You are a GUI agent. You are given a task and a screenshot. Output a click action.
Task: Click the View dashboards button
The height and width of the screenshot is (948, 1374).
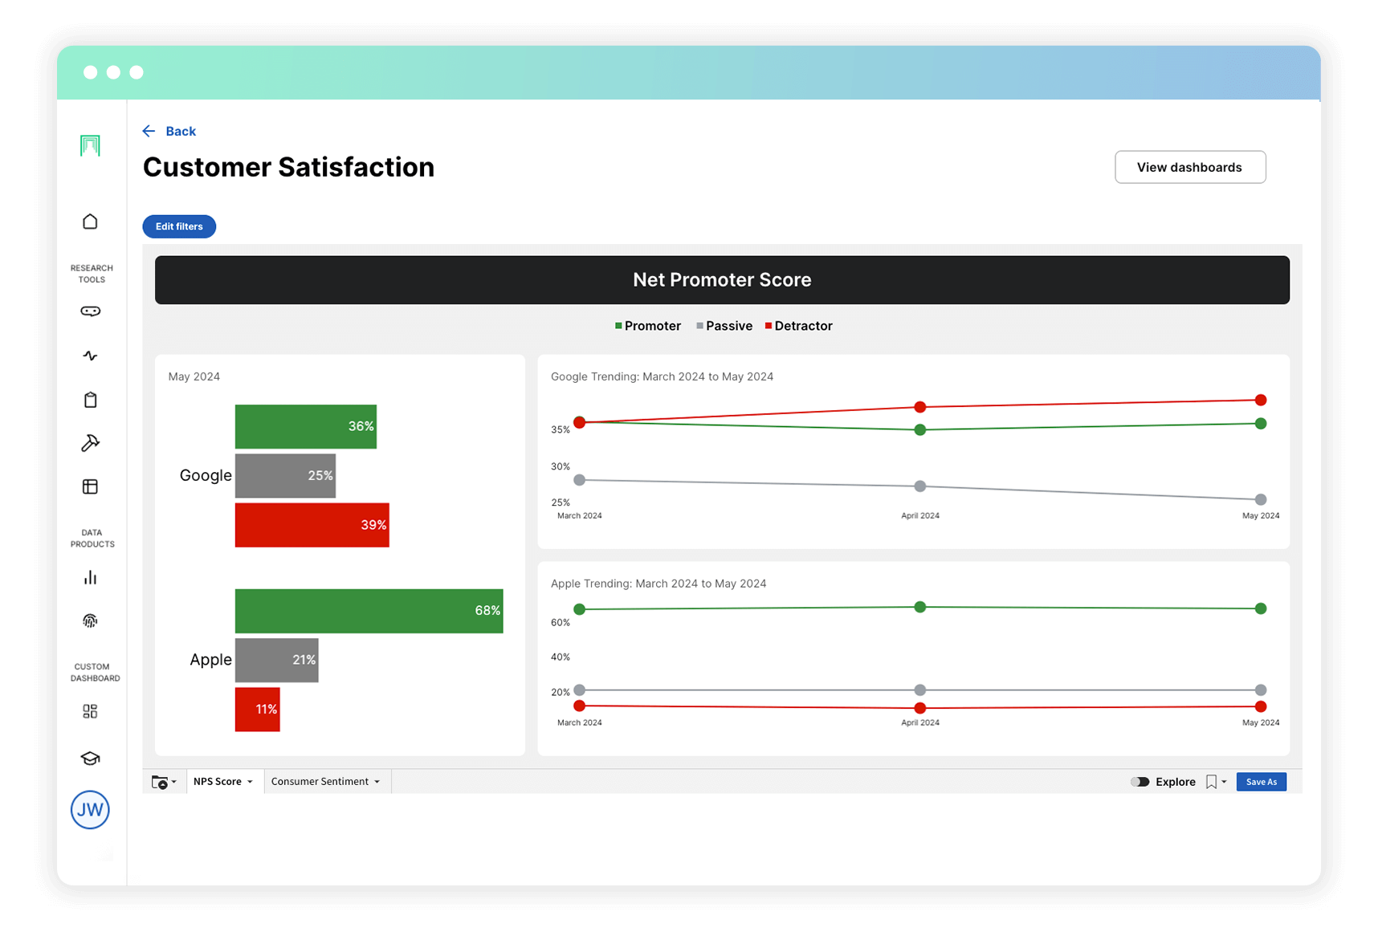click(1189, 167)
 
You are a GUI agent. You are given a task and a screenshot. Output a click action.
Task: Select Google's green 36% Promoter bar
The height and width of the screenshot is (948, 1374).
click(305, 426)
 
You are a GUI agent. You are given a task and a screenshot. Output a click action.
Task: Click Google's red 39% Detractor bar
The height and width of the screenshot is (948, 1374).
click(312, 525)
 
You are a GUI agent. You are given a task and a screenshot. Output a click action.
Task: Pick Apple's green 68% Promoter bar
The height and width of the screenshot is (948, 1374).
click(369, 611)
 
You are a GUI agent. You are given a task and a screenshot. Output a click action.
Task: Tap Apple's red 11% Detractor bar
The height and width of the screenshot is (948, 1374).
click(257, 709)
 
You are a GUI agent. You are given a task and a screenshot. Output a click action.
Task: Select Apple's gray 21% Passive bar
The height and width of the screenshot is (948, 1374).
click(276, 660)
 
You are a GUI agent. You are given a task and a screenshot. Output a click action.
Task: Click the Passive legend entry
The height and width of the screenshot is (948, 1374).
click(724, 326)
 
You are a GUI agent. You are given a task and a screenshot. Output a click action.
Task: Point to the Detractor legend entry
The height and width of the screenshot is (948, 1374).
click(799, 326)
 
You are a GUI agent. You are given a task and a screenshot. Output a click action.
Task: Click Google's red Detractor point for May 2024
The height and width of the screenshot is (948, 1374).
click(1261, 400)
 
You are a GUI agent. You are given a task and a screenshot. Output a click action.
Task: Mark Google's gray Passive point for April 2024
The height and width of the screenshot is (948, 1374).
click(920, 486)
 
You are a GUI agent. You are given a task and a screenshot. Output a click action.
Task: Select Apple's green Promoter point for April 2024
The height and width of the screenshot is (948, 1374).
click(920, 607)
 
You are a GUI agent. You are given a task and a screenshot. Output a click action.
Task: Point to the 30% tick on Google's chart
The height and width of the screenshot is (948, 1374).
click(561, 466)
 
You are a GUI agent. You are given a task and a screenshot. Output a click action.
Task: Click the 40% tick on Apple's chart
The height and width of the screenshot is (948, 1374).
click(561, 657)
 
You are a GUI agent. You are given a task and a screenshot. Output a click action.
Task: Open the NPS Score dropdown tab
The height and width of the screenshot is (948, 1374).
click(223, 781)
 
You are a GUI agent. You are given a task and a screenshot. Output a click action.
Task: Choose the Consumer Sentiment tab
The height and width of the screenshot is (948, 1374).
click(325, 781)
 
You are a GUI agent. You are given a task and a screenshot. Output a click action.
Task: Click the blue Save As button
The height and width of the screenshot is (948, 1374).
click(1261, 782)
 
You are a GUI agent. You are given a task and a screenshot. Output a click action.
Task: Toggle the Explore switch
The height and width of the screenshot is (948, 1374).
click(1140, 782)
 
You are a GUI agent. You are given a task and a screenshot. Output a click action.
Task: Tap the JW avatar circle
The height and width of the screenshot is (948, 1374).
click(90, 810)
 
